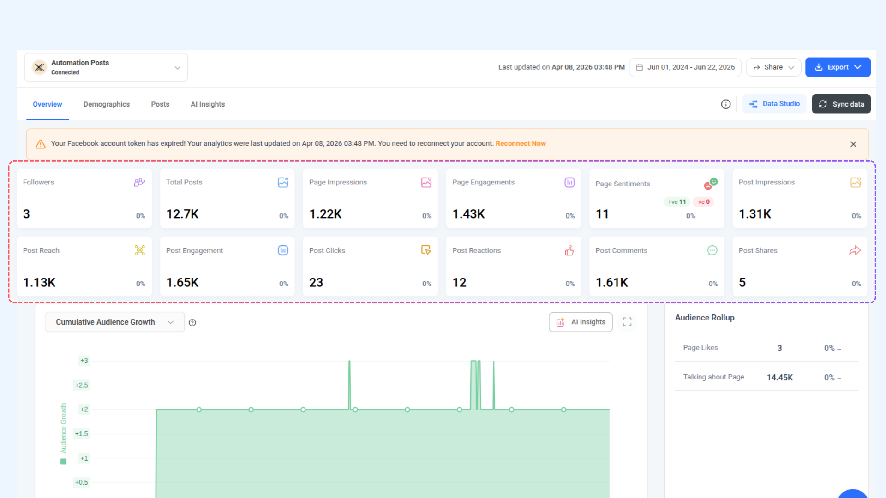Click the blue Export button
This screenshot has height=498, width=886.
(x=838, y=67)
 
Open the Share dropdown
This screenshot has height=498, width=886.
(x=773, y=67)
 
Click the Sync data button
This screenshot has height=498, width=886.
(x=841, y=104)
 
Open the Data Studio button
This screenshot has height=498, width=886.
(x=774, y=104)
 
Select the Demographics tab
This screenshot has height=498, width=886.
(x=107, y=104)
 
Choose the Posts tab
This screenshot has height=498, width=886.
(x=160, y=104)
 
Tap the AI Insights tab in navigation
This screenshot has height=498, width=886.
(x=208, y=104)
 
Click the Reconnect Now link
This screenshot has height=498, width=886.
(x=521, y=144)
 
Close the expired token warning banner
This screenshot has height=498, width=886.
(x=853, y=144)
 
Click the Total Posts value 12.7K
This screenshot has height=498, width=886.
(x=182, y=214)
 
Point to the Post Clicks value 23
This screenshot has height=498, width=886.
(x=316, y=283)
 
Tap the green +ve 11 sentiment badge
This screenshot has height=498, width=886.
(x=677, y=202)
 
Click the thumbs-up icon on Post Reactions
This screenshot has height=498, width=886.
(x=569, y=250)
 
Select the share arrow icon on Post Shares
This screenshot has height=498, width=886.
(x=855, y=250)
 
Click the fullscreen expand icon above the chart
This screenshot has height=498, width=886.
(x=627, y=322)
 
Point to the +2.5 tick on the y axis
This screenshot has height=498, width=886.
(x=82, y=385)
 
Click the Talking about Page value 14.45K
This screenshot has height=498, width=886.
(x=780, y=378)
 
